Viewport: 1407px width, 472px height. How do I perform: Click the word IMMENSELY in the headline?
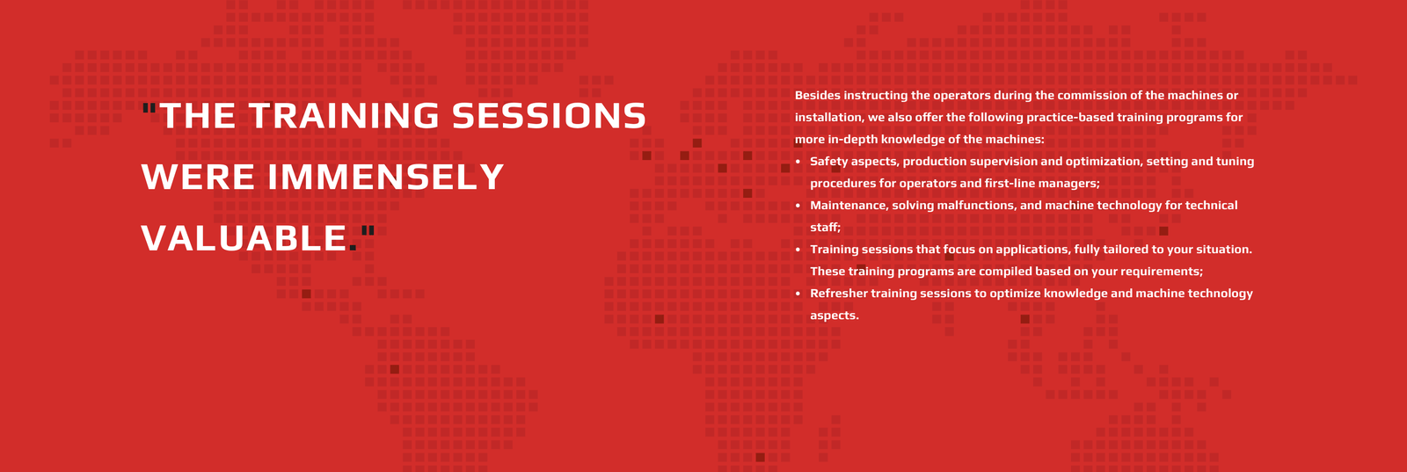pyautogui.click(x=386, y=177)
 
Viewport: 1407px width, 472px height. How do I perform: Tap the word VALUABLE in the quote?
pyautogui.click(x=244, y=238)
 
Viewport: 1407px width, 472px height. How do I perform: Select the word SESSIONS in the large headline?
pyautogui.click(x=549, y=115)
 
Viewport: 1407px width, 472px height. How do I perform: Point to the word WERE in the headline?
pyautogui.click(x=198, y=177)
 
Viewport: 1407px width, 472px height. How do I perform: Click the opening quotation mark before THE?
pyautogui.click(x=149, y=108)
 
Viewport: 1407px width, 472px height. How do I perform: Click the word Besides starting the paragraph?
pyautogui.click(x=817, y=96)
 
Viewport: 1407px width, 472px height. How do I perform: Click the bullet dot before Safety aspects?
pyautogui.click(x=798, y=162)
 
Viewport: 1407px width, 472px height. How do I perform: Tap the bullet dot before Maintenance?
pyautogui.click(x=798, y=206)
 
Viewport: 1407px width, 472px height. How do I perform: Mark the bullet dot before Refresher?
pyautogui.click(x=798, y=294)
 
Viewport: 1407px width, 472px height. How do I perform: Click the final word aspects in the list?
pyautogui.click(x=835, y=316)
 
